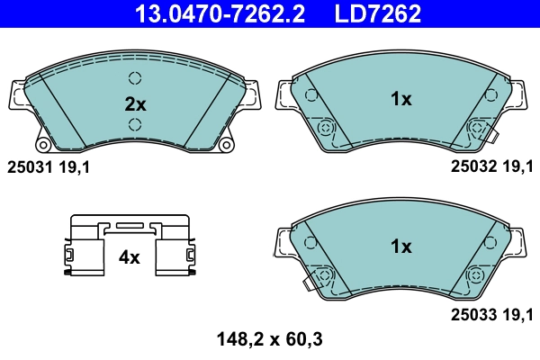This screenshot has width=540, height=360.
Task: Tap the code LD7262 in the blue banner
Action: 379,13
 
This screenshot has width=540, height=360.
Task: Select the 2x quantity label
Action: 134,103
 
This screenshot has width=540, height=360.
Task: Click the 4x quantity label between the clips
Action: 130,257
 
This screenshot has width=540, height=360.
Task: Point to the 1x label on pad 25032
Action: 400,99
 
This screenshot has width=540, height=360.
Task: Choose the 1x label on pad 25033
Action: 400,246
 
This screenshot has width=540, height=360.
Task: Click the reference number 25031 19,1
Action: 49,166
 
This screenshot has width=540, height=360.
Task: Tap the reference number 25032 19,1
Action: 491,166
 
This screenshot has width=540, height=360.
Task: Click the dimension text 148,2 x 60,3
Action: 270,339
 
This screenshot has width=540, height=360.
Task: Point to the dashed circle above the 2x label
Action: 135,77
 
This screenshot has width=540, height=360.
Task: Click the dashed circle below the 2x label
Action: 135,124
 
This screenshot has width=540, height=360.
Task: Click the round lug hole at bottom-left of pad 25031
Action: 42,145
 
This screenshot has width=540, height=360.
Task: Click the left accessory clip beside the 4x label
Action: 86,247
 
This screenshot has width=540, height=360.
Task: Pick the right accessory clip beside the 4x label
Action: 175,247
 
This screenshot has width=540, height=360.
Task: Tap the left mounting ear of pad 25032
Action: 283,94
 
